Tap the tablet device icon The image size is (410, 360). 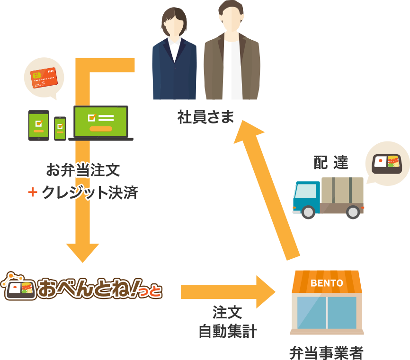click(38, 125)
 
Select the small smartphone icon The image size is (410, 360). click(60, 128)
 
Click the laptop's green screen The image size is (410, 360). click(101, 122)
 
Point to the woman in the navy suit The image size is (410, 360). click(174, 57)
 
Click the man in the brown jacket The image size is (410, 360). click(232, 54)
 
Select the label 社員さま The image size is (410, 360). click(205, 117)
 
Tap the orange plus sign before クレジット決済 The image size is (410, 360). click(32, 193)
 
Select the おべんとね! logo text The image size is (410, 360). click(99, 290)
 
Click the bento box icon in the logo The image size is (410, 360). click(19, 289)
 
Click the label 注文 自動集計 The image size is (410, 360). click(227, 322)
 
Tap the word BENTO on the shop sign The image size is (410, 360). click(327, 283)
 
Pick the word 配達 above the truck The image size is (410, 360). click(331, 162)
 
